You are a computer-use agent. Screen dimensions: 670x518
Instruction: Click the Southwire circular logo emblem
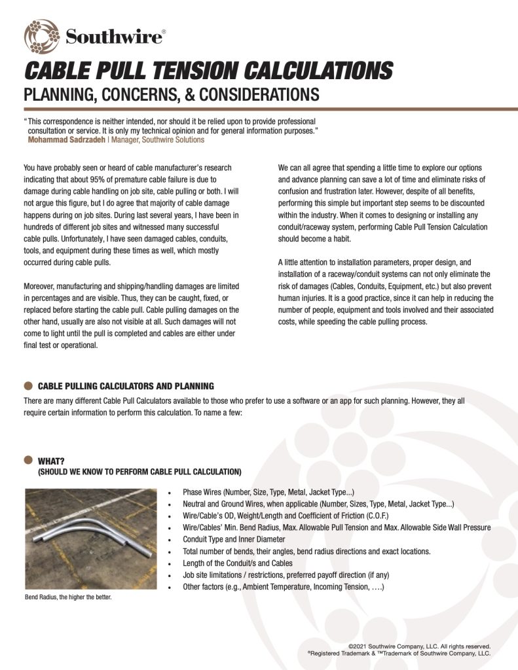(x=41, y=36)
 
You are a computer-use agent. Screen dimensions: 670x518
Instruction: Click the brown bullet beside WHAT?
(x=28, y=460)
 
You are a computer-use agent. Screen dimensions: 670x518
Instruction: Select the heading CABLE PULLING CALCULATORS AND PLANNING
(x=126, y=386)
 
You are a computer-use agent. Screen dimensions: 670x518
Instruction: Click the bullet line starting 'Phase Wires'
(x=268, y=492)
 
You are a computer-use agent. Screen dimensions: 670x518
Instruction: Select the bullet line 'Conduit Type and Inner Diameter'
(x=234, y=539)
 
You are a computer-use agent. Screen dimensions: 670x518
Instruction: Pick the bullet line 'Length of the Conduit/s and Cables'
(x=238, y=563)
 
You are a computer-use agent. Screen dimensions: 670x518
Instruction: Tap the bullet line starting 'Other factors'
(x=283, y=587)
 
